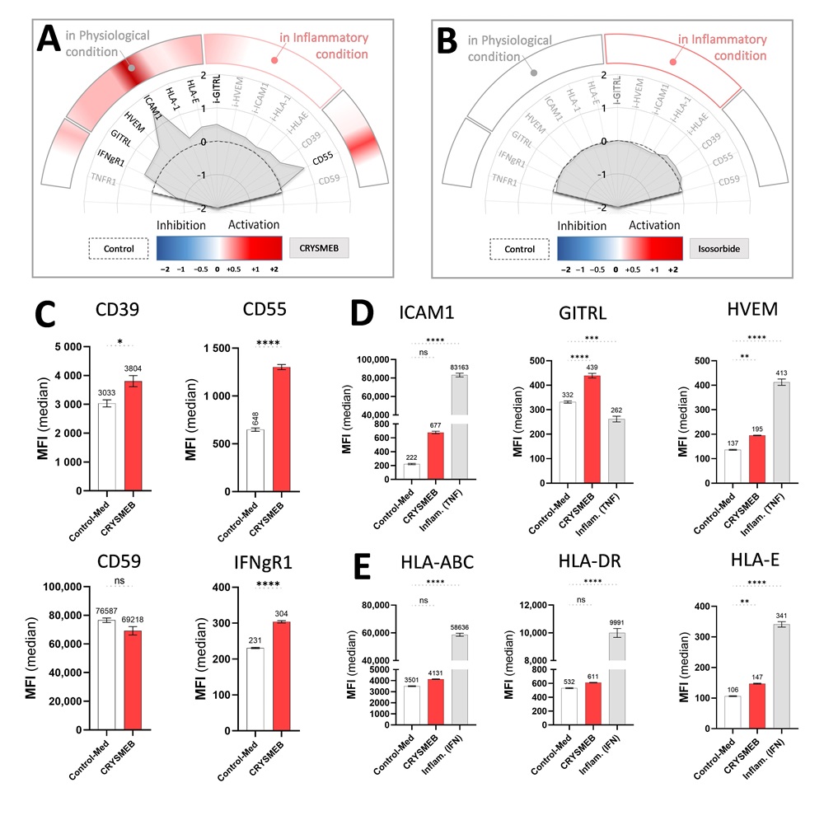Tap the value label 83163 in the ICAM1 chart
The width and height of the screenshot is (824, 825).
(x=461, y=368)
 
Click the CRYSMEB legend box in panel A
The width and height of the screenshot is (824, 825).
(x=320, y=246)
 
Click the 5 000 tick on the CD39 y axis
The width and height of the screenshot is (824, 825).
(x=70, y=347)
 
